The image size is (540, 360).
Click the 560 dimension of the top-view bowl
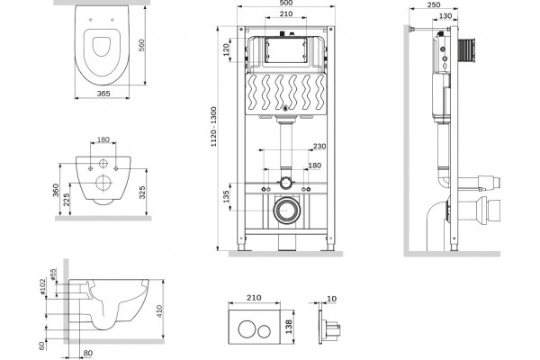(x=141, y=45)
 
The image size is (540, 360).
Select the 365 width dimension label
(x=103, y=94)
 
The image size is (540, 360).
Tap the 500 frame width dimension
(x=286, y=3)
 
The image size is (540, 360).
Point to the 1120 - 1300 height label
(x=214, y=127)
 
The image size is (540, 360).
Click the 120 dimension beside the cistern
(x=226, y=50)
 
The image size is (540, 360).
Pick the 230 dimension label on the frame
(x=319, y=147)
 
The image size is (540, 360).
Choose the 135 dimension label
(x=226, y=196)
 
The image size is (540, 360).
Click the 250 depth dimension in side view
(x=434, y=4)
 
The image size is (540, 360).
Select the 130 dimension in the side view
(x=445, y=16)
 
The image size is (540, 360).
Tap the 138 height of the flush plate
(x=289, y=327)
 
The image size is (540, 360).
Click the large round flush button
(x=247, y=329)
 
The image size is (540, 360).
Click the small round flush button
(x=265, y=330)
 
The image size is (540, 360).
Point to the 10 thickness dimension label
(x=331, y=299)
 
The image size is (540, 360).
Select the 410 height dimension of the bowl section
(x=159, y=311)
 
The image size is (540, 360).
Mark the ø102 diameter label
(x=42, y=286)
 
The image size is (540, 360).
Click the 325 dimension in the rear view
(x=142, y=193)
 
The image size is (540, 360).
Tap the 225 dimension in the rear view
(x=67, y=200)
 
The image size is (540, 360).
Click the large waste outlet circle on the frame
(x=286, y=210)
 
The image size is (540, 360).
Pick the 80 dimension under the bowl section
(x=88, y=353)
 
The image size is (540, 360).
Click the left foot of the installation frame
(x=241, y=247)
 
